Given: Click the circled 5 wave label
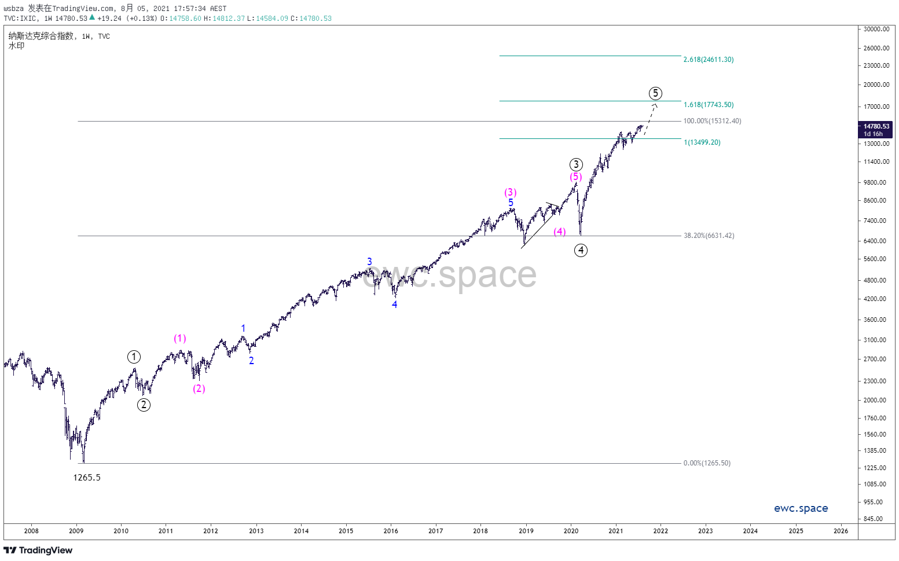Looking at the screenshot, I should coord(655,93).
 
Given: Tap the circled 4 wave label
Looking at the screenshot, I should coord(581,250).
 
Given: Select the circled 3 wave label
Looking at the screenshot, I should coord(575,165).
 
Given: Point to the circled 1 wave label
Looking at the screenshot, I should coord(134,357).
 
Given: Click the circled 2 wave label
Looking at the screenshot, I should coord(144,405).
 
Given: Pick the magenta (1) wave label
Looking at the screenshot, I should coord(180,339).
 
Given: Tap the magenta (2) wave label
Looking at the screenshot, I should coord(199,388).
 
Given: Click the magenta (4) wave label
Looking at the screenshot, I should coord(559,232).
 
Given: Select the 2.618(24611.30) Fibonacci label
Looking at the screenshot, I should coord(708,60).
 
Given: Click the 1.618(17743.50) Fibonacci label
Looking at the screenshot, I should coord(708,105).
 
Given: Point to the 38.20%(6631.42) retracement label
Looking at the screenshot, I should coord(709,236).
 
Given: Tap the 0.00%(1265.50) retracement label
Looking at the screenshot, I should coord(707,463).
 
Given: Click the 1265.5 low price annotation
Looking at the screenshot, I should coord(87,478).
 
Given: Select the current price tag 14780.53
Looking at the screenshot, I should coord(876,126).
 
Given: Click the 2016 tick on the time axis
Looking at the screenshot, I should coord(391,531).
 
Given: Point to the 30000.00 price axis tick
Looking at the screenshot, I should coord(876,29).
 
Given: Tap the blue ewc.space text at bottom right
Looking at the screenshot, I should coord(801,508).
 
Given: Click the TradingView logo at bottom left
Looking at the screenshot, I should coord(38,550).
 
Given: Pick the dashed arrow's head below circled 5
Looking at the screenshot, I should coord(655,105).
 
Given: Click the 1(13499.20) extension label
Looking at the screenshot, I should coord(702,142).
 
